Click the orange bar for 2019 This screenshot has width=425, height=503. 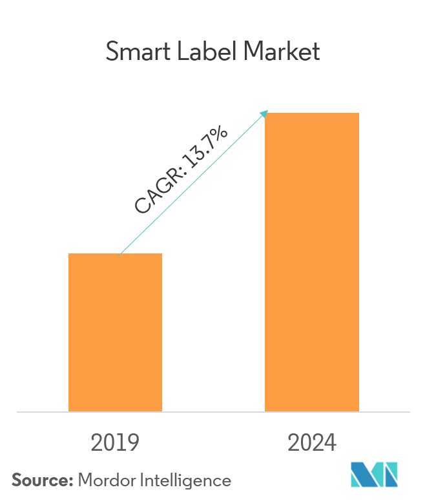(115, 332)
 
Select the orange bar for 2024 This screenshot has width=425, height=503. (312, 262)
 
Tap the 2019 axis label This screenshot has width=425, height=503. (116, 444)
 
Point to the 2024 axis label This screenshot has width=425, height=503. (312, 444)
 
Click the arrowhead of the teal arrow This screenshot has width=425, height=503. (264, 113)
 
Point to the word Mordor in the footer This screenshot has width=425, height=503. (104, 480)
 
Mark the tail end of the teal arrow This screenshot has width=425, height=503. (119, 253)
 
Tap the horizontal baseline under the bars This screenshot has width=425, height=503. (213, 411)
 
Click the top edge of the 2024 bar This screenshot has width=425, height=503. (312, 113)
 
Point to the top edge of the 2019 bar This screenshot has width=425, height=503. (115, 254)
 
